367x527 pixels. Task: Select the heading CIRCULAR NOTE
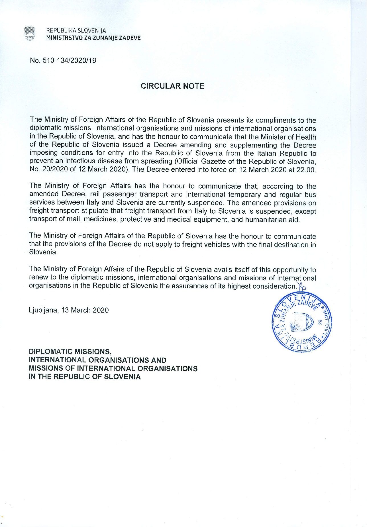(x=173, y=86)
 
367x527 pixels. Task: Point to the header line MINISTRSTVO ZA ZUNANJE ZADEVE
(x=93, y=38)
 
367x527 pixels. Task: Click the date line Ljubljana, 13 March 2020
(x=69, y=310)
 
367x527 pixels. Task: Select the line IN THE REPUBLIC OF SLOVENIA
(x=85, y=377)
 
